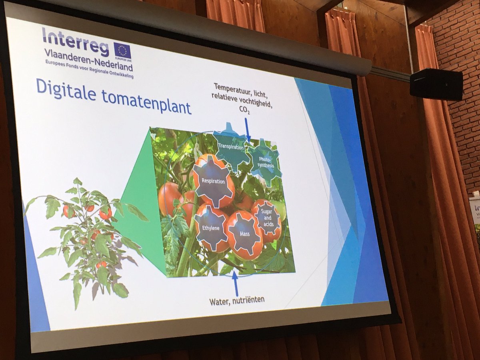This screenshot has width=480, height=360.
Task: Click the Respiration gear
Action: (x=214, y=181)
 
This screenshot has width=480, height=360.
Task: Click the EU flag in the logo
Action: (x=122, y=50)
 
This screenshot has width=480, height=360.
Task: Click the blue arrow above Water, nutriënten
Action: (x=235, y=284)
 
